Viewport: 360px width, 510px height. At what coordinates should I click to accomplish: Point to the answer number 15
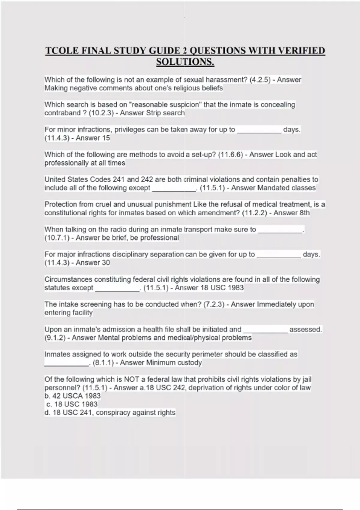(x=106, y=138)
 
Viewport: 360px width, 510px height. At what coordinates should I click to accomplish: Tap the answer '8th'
(x=302, y=213)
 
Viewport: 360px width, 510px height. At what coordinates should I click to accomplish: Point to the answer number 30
(x=106, y=263)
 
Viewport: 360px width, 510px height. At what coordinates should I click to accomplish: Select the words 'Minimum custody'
(x=174, y=363)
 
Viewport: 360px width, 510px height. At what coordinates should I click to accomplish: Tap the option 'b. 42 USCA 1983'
(x=72, y=396)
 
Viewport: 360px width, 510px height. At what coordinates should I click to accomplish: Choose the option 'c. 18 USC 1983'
(x=72, y=404)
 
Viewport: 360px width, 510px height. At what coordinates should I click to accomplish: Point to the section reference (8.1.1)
(x=103, y=363)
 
